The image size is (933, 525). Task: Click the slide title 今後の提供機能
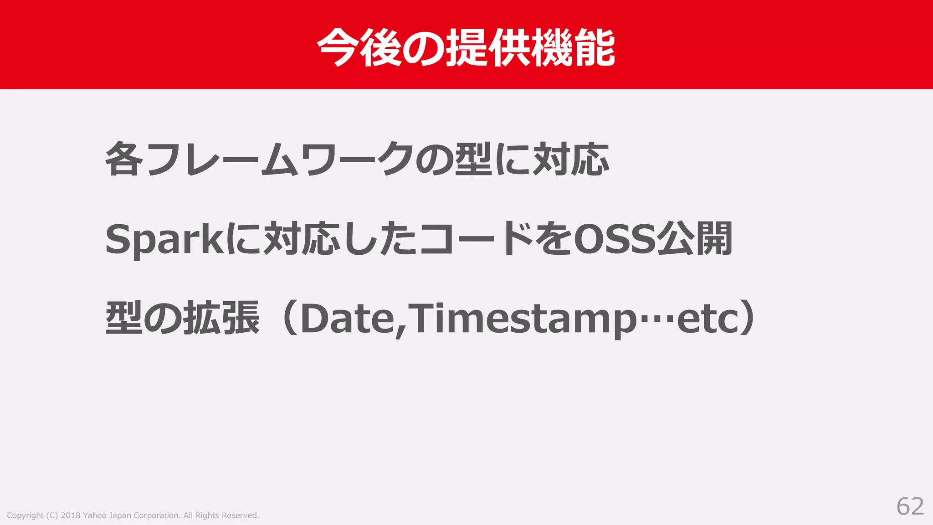pos(466,47)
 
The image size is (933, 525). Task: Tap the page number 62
pos(910,506)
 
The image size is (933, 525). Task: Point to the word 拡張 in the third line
pos(221,318)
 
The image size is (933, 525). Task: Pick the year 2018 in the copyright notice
pos(70,515)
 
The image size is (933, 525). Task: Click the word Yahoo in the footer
pos(94,515)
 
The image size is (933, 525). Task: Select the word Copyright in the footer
pos(25,515)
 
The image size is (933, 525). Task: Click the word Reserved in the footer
pos(240,515)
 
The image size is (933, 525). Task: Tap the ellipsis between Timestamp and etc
pos(656,319)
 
